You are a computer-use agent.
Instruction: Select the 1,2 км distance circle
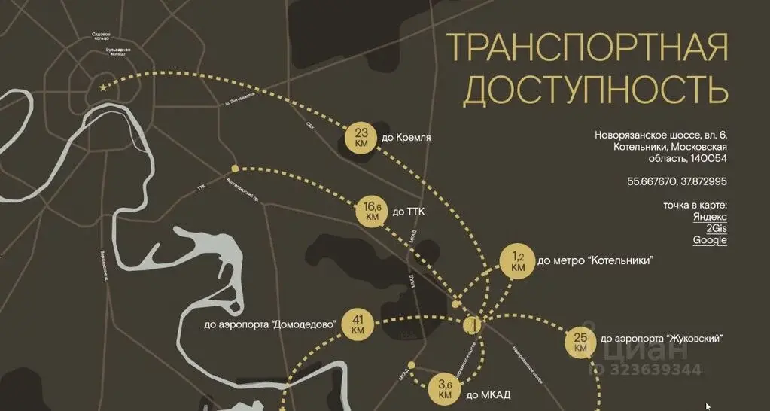tap(517, 261)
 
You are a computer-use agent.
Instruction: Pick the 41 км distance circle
tap(357, 324)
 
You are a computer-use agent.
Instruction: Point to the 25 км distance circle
tap(580, 342)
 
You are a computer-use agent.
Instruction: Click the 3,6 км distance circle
tap(445, 389)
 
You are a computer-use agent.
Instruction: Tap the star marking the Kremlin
tap(103, 88)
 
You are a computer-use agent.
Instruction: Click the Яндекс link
tap(710, 216)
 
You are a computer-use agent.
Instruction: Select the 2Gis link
tap(716, 228)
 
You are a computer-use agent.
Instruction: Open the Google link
tap(710, 240)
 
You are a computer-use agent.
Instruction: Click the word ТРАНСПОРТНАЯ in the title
tap(587, 48)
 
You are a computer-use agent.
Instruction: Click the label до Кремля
tap(406, 138)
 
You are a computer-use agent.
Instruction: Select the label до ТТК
tap(409, 212)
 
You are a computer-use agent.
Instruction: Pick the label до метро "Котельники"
tap(595, 261)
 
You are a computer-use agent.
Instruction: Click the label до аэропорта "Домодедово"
tap(269, 325)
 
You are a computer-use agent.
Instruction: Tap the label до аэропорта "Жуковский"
tap(663, 339)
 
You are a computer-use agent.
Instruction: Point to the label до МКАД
tap(483, 394)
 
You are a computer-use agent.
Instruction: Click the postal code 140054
tap(708, 159)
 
